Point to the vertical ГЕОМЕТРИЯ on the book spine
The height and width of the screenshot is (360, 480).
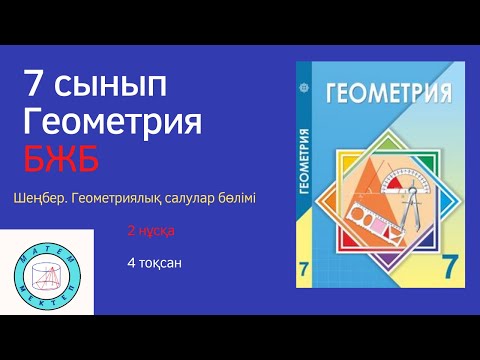305,160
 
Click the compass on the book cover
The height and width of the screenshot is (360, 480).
415,215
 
